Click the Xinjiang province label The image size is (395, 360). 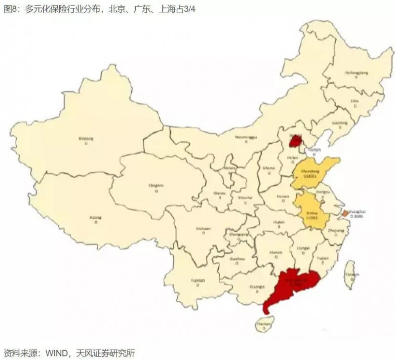(86, 139)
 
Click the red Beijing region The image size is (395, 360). (295, 142)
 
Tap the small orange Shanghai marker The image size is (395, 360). (344, 213)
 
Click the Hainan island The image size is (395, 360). (265, 323)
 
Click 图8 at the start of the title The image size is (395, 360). (10, 8)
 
